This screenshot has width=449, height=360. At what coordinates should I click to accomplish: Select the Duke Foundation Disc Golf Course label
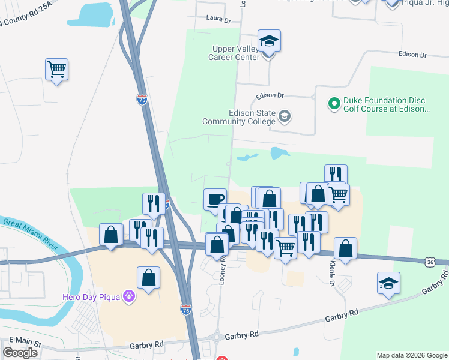pos(384,104)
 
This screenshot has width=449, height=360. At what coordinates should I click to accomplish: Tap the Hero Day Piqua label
pos(92,296)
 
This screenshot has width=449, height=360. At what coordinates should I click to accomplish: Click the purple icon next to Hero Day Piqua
pos(128,296)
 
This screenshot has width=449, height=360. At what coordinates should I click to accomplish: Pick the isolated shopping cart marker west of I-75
pos(56,70)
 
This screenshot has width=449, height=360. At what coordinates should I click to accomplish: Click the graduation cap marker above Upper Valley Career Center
pos(270,41)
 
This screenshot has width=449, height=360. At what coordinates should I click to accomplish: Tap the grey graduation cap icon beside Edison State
pos(285,115)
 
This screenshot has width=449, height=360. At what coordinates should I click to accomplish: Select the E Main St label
pos(20,344)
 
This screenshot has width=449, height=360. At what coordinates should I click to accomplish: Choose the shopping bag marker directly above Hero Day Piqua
pos(148,278)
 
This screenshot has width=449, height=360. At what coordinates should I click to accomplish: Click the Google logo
pos(20,353)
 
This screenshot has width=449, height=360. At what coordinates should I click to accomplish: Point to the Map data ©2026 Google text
pos(411,355)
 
